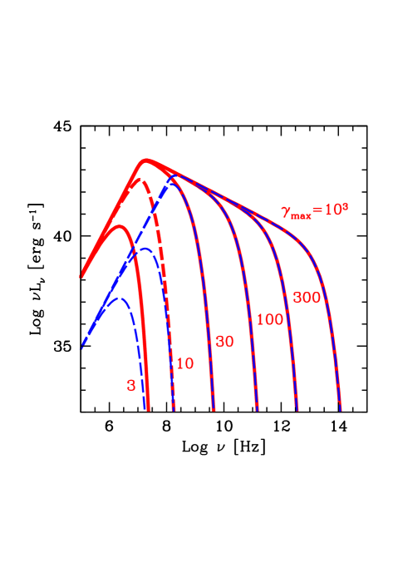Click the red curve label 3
click(x=131, y=386)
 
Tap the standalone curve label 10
click(x=184, y=363)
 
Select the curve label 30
click(x=224, y=341)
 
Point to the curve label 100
click(x=270, y=319)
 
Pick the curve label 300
click(x=307, y=298)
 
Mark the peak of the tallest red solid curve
click(x=147, y=159)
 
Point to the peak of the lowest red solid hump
click(x=119, y=225)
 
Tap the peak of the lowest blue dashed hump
click(x=119, y=298)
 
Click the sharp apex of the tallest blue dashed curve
click(x=172, y=176)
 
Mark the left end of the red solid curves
click(x=81, y=275)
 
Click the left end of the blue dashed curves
click(x=81, y=349)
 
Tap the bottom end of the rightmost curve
click(x=340, y=410)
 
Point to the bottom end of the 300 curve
click(x=297, y=410)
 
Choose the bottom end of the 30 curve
click(x=214, y=410)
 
